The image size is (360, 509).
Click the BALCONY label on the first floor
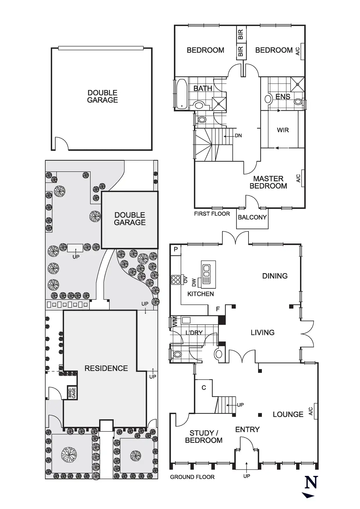(252, 217)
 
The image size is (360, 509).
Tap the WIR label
(283, 130)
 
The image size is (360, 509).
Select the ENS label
(283, 97)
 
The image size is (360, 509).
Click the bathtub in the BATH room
(182, 93)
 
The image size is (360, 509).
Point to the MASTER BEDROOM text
(268, 182)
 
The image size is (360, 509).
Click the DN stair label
(238, 136)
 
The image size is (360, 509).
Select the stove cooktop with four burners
(176, 280)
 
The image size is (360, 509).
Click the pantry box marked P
(176, 249)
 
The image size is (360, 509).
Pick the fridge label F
(218, 309)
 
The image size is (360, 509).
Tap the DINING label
(275, 276)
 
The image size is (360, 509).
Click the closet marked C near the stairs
(204, 388)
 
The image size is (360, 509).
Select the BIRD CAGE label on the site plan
(72, 393)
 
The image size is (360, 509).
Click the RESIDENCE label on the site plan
(106, 368)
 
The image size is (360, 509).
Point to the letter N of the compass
(311, 482)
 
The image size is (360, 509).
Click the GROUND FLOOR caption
(192, 477)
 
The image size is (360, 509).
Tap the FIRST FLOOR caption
(212, 214)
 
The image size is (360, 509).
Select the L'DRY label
(194, 333)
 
